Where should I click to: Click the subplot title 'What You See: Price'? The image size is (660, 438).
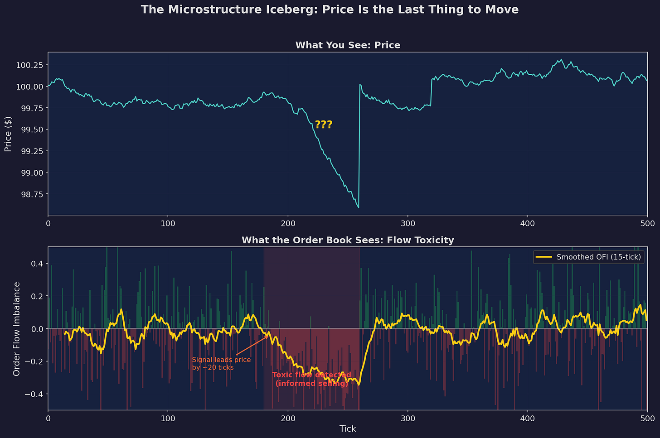pos(348,45)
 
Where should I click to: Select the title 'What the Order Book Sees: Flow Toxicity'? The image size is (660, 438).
pos(348,240)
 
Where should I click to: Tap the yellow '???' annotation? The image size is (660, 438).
pos(324,125)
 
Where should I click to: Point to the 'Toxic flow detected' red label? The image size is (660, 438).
pos(311,375)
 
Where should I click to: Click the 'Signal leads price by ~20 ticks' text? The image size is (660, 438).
pos(221,364)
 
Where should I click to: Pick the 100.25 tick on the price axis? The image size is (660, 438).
pos(29,65)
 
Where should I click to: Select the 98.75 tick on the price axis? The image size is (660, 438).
pos(32,194)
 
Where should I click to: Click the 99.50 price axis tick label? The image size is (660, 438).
pos(32,130)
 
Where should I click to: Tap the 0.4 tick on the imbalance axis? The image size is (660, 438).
pos(37,264)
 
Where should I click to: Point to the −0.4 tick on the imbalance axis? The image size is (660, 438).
pos(34,394)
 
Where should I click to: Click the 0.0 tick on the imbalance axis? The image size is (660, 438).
pos(37,329)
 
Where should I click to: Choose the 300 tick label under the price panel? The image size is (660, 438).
pos(408,223)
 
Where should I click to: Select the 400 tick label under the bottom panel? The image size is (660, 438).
pos(528,419)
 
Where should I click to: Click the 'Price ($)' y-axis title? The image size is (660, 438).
pos(8,134)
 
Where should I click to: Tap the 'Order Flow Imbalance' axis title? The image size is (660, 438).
pos(16,329)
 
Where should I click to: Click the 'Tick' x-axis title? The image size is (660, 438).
pos(348,429)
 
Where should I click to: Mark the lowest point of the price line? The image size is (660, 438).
pos(359,208)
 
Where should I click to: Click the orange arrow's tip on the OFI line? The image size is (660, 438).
pos(268,335)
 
